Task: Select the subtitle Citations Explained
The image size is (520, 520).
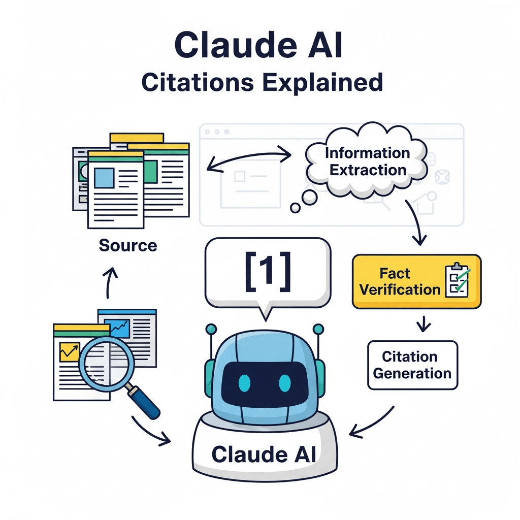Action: tap(262, 82)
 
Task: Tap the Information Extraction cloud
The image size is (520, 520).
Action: tap(367, 161)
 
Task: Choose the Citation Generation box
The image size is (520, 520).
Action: tap(412, 365)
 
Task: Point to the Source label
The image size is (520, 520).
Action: tap(128, 246)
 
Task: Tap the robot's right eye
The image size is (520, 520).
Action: tap(285, 382)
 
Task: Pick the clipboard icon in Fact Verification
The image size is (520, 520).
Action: tap(458, 281)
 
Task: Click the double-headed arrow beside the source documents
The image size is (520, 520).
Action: tap(249, 158)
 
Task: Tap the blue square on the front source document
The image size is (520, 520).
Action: tap(104, 178)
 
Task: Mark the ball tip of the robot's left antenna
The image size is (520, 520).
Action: tap(211, 329)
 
